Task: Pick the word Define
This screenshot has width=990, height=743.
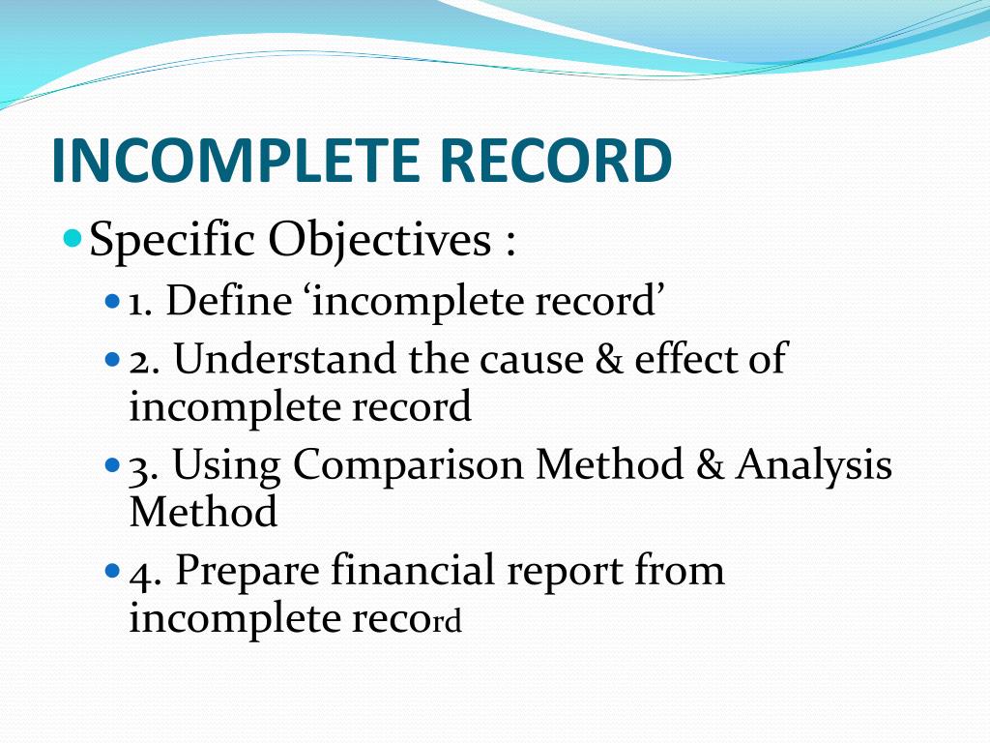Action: (227, 302)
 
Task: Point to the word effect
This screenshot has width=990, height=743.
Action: (678, 360)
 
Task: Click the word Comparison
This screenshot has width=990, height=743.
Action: (409, 466)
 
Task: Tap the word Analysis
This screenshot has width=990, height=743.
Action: (813, 466)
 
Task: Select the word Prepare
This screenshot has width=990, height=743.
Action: (247, 572)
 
